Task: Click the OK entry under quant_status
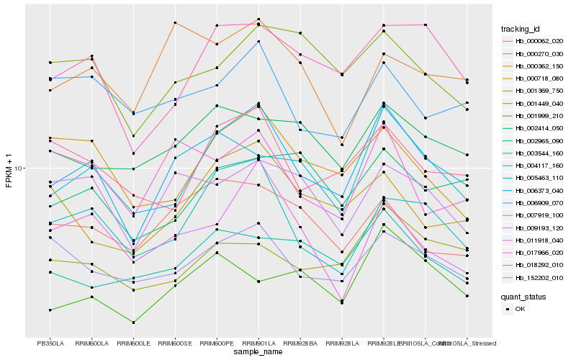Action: pos(520,308)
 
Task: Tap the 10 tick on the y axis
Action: pos(19,168)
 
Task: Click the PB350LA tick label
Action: pos(50,343)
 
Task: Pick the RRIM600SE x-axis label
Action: pos(175,343)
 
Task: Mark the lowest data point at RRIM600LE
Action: pos(133,323)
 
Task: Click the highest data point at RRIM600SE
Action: pos(175,23)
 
